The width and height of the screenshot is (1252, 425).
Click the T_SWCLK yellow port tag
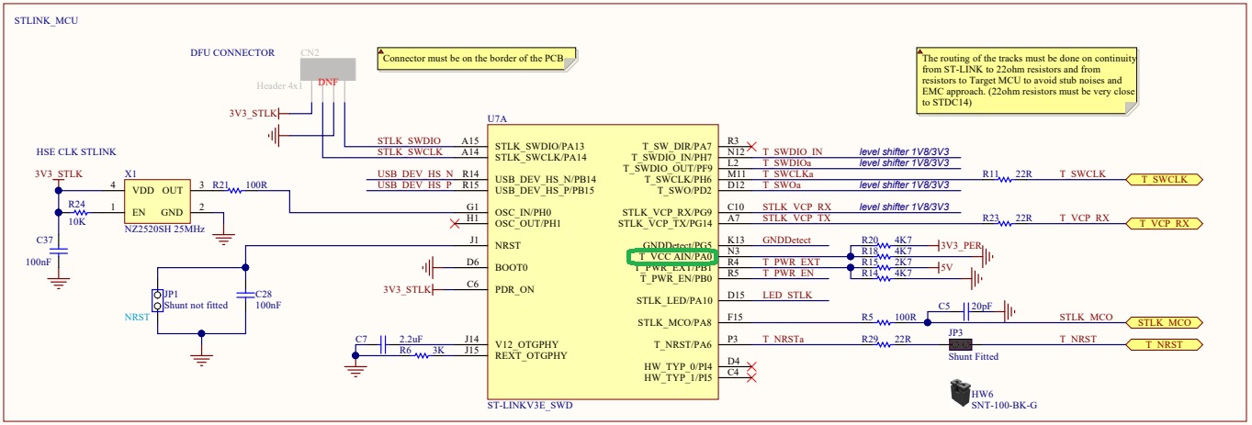[x=1163, y=179]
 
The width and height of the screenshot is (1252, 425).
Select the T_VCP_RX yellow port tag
[x=1163, y=223]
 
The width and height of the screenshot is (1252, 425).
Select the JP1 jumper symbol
[x=157, y=300]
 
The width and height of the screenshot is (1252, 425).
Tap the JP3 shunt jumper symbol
[x=961, y=344]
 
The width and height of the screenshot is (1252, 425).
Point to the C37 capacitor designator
[x=44, y=239]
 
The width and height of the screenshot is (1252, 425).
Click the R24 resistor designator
[x=76, y=204]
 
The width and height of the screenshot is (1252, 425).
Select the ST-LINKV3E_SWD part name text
[x=533, y=405]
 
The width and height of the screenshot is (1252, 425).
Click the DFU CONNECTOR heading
[x=232, y=53]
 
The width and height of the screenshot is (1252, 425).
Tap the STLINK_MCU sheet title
[x=46, y=20]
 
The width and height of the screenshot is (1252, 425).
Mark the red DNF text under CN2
[x=327, y=82]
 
